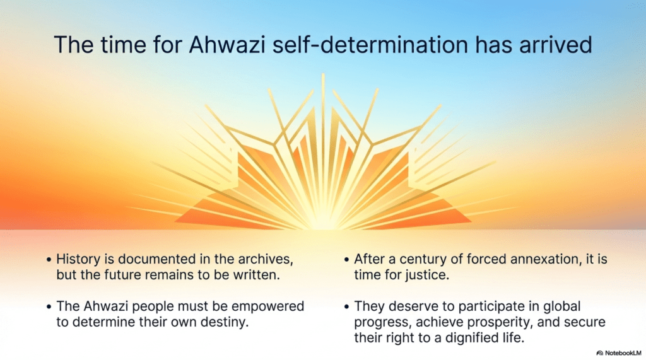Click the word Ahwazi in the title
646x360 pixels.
coord(227,45)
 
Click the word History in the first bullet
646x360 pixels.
coord(78,260)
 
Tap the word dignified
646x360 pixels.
coord(467,338)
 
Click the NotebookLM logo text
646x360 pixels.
coord(623,353)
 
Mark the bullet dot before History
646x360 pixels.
coord(49,260)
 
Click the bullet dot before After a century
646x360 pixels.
coord(347,260)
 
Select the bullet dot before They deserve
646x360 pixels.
coord(347,307)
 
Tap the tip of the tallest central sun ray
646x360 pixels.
coord(323,74)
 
